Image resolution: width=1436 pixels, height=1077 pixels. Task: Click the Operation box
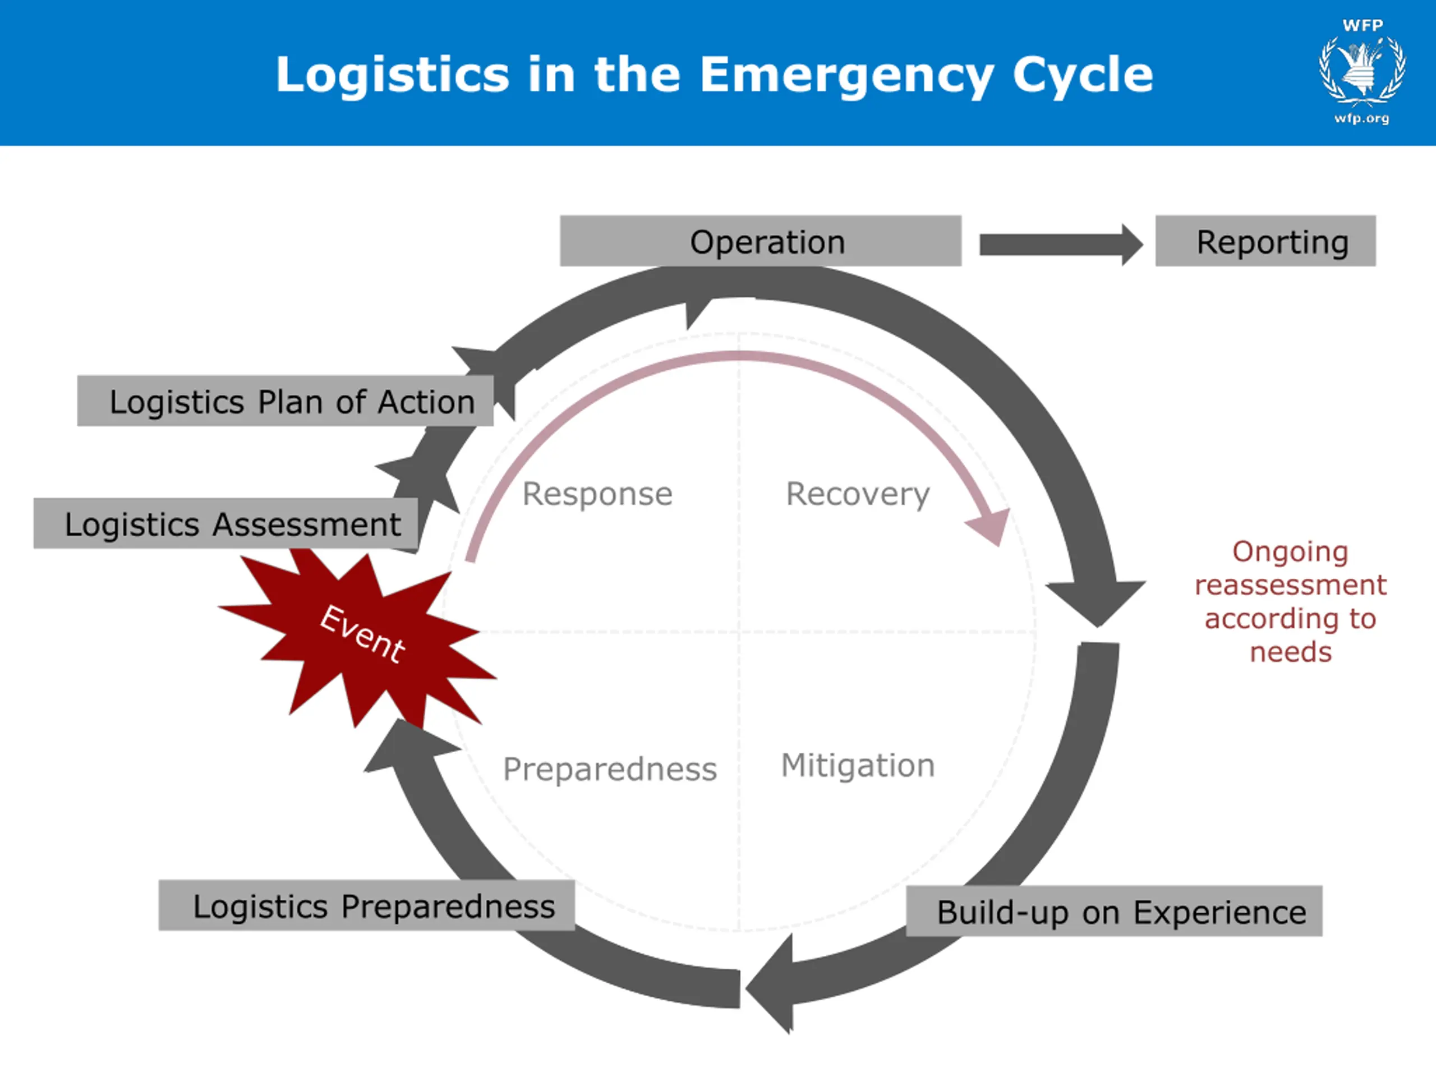tap(760, 241)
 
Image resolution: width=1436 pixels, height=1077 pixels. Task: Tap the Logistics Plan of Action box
tap(285, 401)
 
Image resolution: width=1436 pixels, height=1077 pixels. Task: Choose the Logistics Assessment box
tap(225, 523)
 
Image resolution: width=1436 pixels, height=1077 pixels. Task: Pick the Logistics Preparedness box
tap(366, 905)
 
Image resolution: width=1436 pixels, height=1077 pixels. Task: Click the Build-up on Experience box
tap(1113, 911)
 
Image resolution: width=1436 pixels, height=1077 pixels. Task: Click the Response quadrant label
tap(597, 494)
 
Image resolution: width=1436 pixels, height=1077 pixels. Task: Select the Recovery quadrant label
tap(858, 494)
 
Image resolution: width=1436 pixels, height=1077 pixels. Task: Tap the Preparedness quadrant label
tap(610, 769)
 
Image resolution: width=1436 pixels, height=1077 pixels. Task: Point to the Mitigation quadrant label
tap(858, 765)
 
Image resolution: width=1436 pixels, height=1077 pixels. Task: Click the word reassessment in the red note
tap(1291, 585)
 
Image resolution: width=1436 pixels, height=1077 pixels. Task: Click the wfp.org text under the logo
tap(1361, 119)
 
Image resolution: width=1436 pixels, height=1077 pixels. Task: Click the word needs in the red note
tap(1291, 652)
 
